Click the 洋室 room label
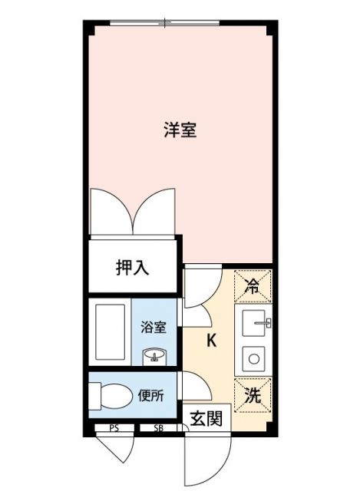[180, 130]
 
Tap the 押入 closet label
[132, 268]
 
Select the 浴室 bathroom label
[154, 327]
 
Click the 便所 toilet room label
[151, 397]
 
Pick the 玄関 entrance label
[206, 418]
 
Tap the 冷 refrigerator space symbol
[253, 287]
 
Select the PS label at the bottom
[113, 429]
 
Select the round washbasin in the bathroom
[156, 355]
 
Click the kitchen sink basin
[253, 324]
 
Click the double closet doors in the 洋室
[134, 211]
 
